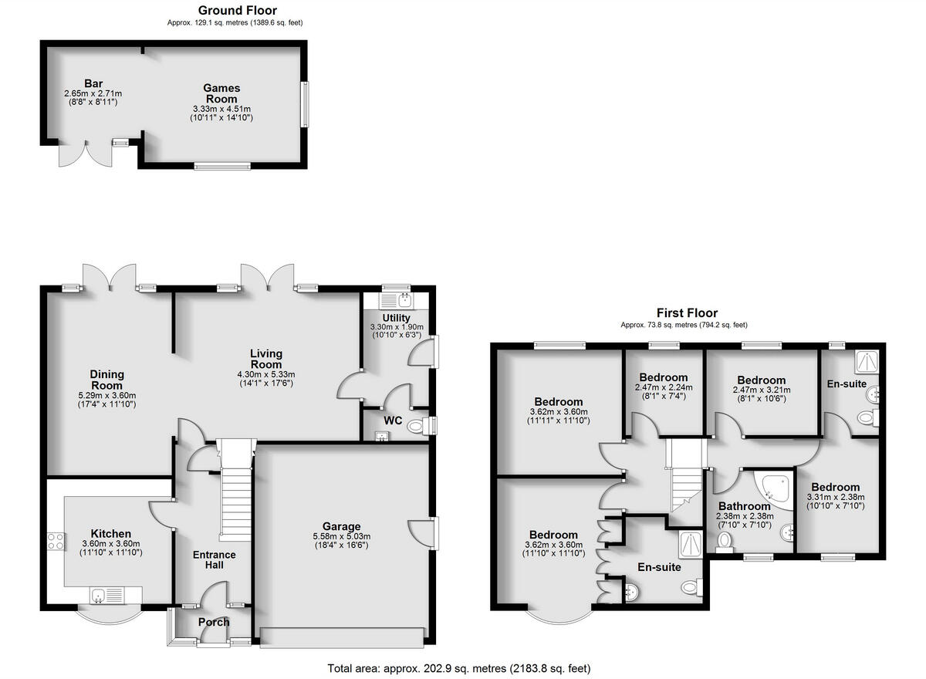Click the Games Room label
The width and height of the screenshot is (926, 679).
[221, 93]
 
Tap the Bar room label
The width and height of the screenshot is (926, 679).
[94, 83]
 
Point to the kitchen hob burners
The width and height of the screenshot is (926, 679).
[56, 541]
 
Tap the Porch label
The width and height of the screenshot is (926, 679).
[214, 622]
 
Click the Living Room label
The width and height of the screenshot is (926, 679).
[266, 359]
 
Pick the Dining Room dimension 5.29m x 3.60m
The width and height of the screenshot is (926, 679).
[107, 394]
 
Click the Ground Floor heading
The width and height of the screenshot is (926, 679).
[237, 10]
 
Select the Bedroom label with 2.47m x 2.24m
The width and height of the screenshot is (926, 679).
[663, 378]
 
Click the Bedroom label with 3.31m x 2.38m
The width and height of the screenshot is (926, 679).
[835, 488]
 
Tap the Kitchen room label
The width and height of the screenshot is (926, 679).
[111, 533]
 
